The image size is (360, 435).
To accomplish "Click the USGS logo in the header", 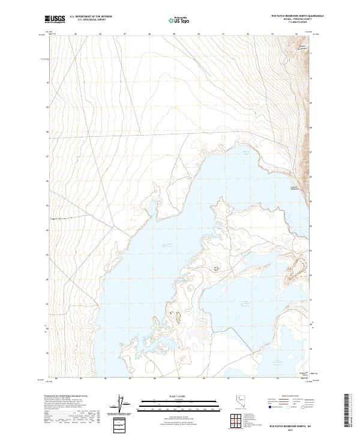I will (x=55, y=19).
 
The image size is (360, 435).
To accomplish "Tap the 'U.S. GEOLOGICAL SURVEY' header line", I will (x=91, y=20).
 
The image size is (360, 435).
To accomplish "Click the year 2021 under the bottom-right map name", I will (x=292, y=430).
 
